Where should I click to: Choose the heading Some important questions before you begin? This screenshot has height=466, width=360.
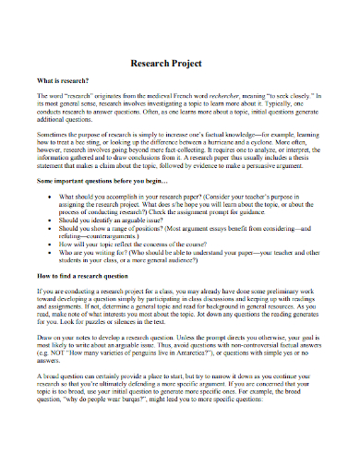tap(107, 185)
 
